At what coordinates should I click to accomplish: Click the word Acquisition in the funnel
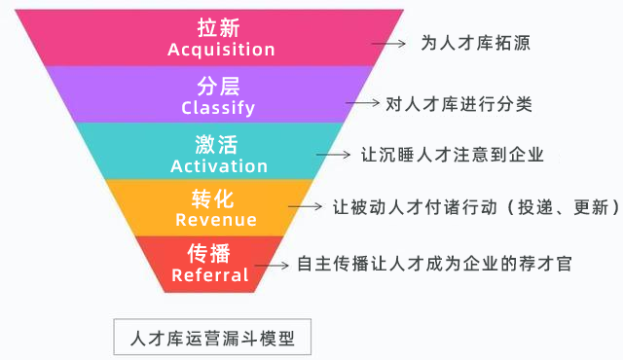[x=221, y=50]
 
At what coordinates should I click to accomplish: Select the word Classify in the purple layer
[x=218, y=108]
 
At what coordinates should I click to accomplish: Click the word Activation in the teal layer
[x=219, y=165]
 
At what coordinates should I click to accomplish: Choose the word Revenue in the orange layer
[x=216, y=220]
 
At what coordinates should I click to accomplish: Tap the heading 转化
[x=213, y=199]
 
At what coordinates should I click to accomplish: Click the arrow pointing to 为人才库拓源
[x=388, y=44]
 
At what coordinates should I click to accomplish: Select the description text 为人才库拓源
[x=475, y=44]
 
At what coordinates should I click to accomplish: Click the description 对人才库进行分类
[x=458, y=101]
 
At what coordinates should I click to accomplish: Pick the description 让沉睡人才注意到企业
[x=451, y=155]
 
